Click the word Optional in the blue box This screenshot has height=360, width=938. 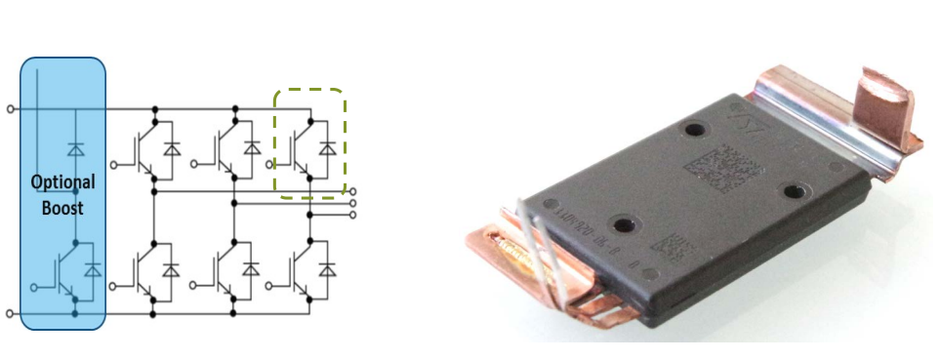tap(62, 182)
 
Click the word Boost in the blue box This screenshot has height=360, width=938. tap(63, 207)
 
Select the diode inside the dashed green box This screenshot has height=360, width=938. tap(328, 149)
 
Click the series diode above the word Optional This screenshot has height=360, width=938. tap(74, 149)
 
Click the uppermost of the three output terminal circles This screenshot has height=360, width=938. tap(352, 192)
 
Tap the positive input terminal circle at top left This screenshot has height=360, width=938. tap(10, 108)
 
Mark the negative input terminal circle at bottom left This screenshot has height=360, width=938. tap(10, 313)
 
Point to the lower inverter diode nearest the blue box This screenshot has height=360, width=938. tap(172, 266)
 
